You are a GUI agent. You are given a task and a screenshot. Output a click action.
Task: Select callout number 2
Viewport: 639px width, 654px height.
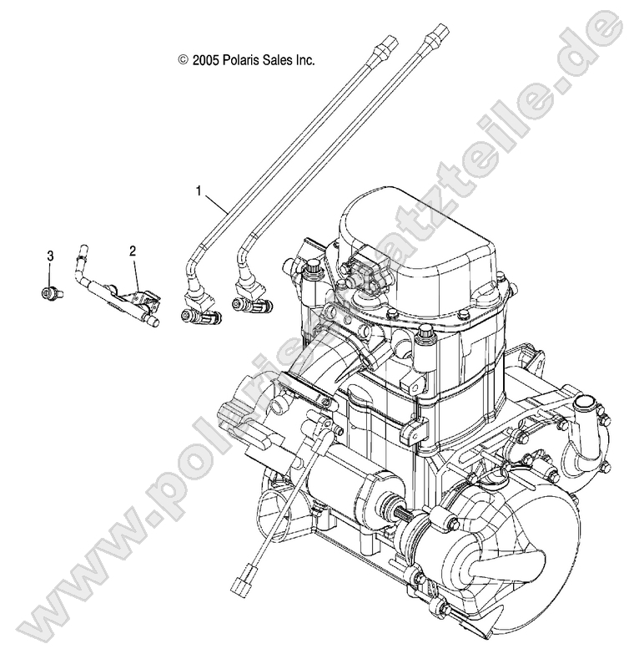tap(131, 251)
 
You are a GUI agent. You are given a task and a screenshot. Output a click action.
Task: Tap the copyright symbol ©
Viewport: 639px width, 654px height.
tap(183, 60)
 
